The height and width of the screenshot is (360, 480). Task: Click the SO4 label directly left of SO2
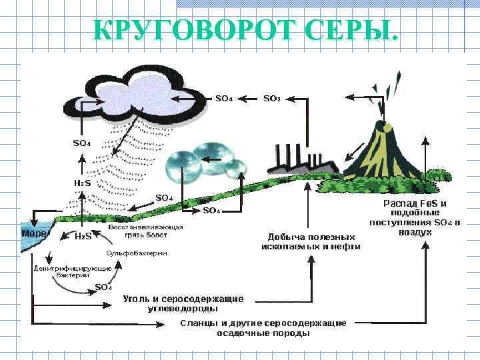(224, 99)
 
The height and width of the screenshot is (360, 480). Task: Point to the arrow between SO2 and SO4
(248, 99)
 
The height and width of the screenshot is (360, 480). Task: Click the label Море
(34, 234)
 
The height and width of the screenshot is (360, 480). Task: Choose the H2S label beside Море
(83, 236)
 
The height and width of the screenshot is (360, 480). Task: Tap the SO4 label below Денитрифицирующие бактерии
(103, 287)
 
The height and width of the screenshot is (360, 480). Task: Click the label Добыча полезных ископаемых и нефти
(311, 241)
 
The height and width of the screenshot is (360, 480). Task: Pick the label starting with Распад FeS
(414, 217)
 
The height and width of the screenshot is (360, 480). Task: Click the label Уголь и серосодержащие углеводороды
(183, 303)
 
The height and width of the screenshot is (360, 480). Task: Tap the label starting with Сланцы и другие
(263, 327)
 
